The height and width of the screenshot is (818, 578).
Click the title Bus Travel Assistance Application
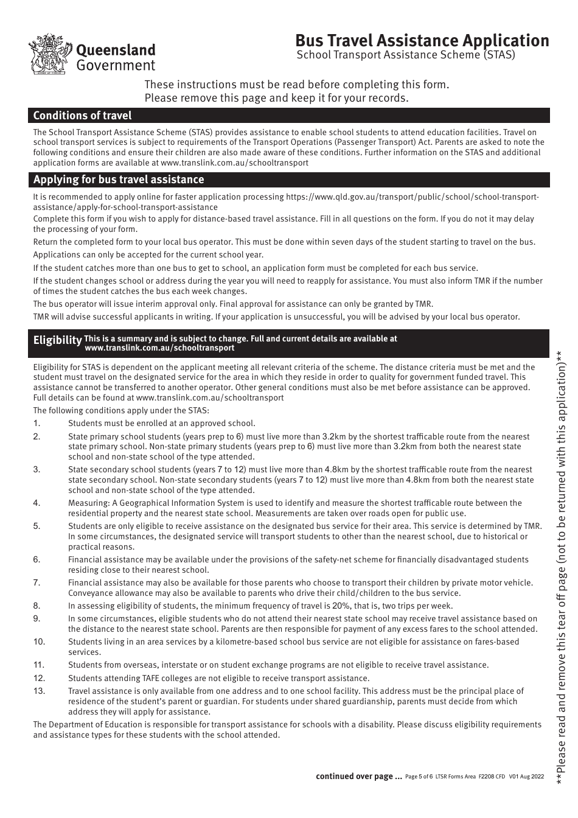422,40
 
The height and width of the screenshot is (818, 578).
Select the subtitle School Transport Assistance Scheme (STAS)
405,55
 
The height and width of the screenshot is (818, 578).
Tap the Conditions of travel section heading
82,116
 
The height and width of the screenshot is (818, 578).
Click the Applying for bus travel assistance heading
119,180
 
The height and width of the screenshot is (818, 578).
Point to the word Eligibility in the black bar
57,340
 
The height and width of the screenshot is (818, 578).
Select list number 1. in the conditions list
37,424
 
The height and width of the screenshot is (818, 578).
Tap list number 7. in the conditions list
37,583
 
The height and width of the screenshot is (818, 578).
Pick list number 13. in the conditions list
39,691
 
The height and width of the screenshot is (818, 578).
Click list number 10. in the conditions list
39,641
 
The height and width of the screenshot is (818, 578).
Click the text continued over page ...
358,776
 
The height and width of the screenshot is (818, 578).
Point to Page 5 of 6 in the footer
419,777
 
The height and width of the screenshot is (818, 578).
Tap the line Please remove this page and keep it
276,98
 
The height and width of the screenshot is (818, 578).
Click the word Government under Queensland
116,66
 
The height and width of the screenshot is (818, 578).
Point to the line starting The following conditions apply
121,411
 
